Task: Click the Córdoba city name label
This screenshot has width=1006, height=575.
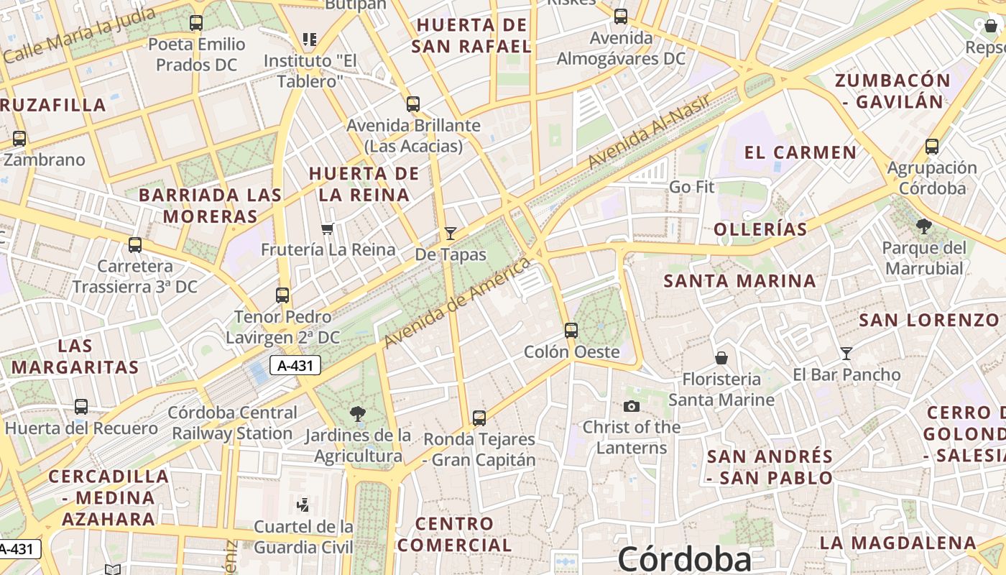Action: tap(684, 559)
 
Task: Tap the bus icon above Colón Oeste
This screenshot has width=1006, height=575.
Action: tap(571, 331)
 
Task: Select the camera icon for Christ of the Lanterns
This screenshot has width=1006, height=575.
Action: tap(632, 407)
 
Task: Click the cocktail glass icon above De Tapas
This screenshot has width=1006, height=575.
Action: tap(451, 233)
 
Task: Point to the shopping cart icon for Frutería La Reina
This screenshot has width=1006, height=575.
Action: tap(328, 229)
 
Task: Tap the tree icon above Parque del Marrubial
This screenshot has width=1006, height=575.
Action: tap(924, 227)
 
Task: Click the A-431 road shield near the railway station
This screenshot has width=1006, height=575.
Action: tap(295, 365)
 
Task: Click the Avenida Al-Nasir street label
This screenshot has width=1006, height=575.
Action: tap(648, 131)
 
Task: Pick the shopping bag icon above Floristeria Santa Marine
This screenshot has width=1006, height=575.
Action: tap(721, 358)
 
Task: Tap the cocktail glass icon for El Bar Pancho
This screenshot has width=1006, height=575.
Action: tap(846, 354)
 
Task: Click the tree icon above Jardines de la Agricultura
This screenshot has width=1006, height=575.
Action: tap(357, 414)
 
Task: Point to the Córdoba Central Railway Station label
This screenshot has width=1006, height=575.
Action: tap(233, 423)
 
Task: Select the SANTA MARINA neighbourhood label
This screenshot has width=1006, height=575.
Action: tap(739, 281)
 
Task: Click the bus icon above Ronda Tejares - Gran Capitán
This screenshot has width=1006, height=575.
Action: tap(479, 418)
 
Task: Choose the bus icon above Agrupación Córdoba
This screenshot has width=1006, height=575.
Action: tap(932, 147)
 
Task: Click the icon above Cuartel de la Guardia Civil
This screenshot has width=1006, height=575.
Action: tap(303, 505)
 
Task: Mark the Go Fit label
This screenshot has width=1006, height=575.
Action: tap(691, 187)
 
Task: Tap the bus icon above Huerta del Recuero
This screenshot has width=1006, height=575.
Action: tap(81, 407)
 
